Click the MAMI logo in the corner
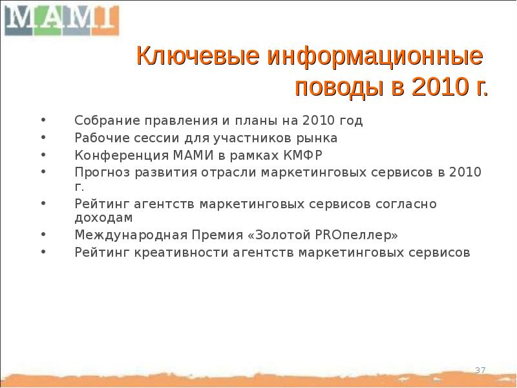(62, 19)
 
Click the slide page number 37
(480, 370)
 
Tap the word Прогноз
(99, 172)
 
